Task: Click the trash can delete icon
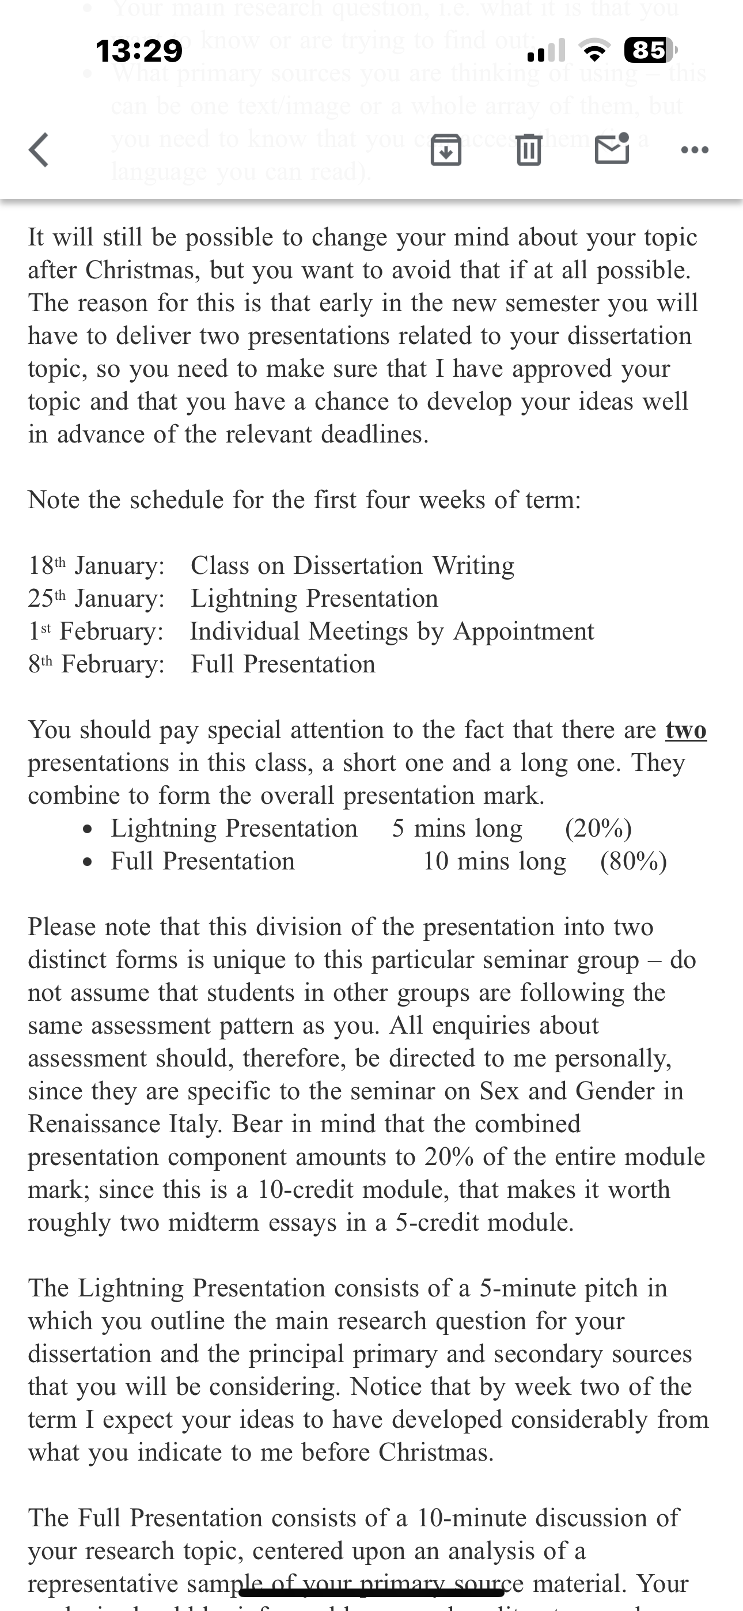click(529, 151)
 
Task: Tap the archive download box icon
click(446, 151)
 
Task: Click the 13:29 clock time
click(139, 50)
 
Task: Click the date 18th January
click(96, 565)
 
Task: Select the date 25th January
click(96, 599)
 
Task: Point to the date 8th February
click(96, 664)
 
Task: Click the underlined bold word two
click(686, 730)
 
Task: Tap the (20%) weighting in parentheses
click(598, 828)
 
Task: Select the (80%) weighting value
click(633, 861)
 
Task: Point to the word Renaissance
click(94, 1124)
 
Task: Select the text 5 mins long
click(457, 828)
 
